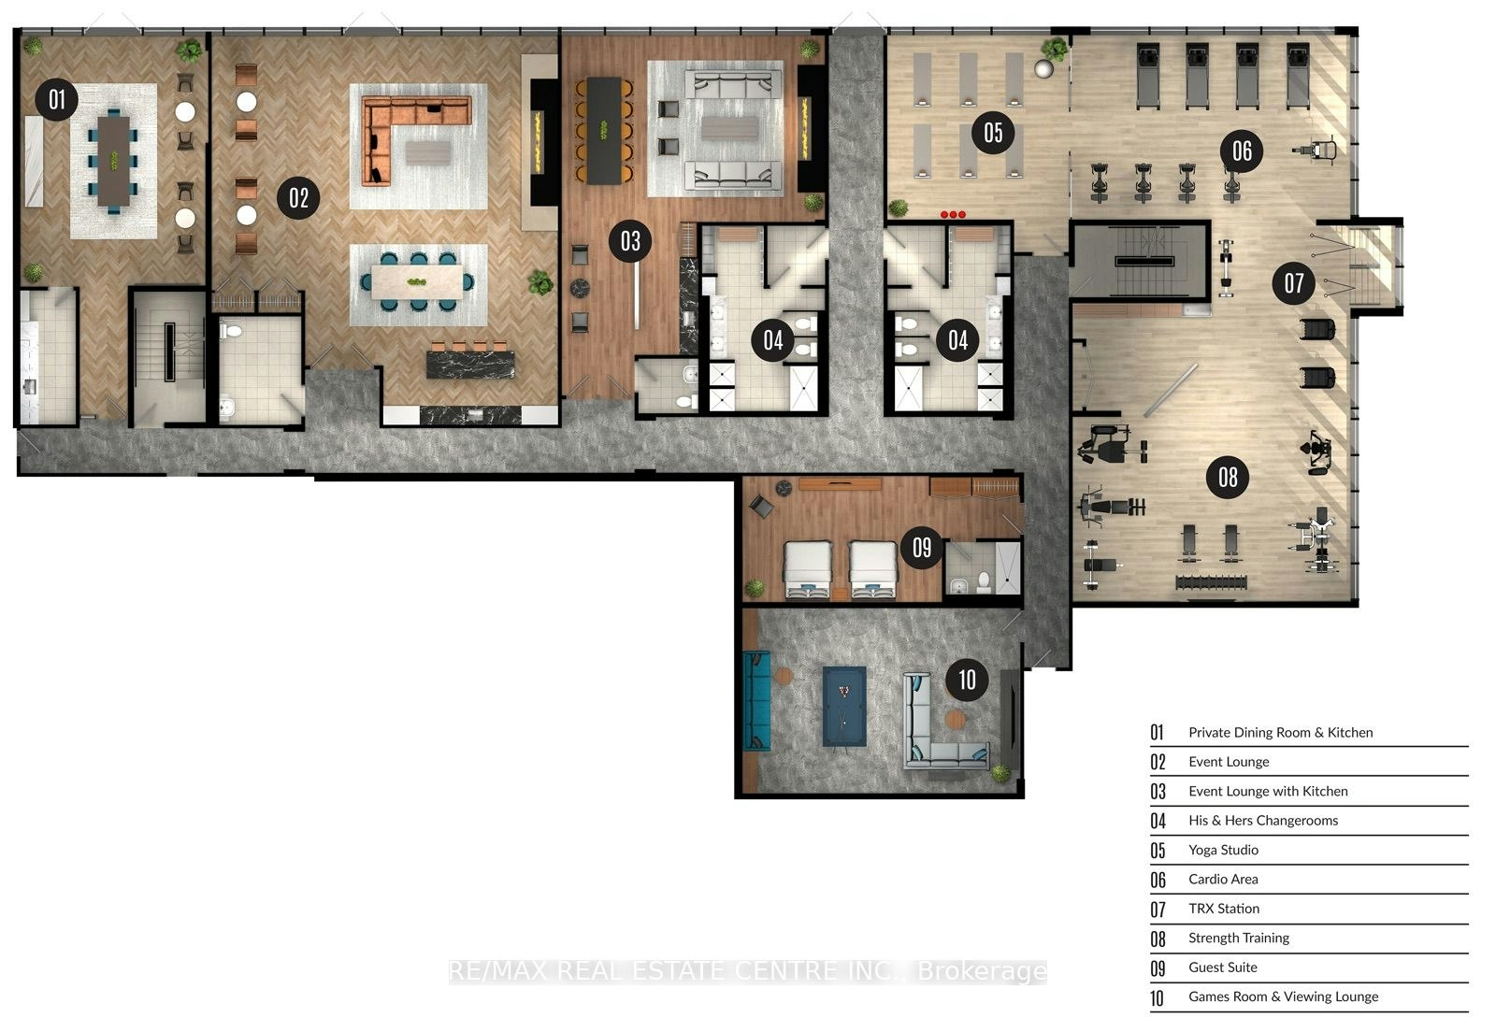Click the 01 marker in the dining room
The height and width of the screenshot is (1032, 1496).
[x=57, y=99]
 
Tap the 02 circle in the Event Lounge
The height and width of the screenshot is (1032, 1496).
[x=298, y=197]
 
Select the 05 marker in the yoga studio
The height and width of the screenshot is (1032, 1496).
[x=993, y=133]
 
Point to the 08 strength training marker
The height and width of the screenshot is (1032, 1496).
[x=1228, y=478]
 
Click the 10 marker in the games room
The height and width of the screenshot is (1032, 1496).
[x=967, y=680]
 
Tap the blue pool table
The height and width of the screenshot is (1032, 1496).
[x=844, y=707]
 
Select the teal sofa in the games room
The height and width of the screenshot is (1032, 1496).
[x=756, y=701]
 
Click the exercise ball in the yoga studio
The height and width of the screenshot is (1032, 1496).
[x=1043, y=68]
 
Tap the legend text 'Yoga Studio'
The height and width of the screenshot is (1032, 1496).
[x=1223, y=850]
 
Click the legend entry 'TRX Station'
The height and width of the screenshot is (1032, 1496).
[x=1224, y=909]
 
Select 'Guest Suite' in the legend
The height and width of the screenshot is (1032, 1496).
[x=1222, y=967]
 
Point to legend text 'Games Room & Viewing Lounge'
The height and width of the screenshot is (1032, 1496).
[x=1283, y=996]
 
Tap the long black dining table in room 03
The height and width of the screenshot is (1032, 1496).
[x=604, y=130]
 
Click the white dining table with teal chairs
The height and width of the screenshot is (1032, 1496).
[x=417, y=281]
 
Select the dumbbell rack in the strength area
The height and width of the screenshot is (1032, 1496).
[x=1211, y=582]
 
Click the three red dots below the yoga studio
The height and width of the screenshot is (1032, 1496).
[x=953, y=214]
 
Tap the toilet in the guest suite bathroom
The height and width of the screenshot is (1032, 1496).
[x=983, y=582]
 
